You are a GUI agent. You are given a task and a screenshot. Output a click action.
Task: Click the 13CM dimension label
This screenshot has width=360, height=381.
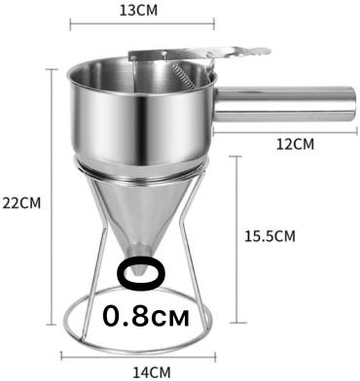tap(138, 11)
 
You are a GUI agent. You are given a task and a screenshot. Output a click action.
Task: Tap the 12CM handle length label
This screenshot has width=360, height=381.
tap(295, 144)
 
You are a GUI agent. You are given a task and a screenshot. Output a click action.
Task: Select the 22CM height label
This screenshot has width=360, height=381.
tap(21, 203)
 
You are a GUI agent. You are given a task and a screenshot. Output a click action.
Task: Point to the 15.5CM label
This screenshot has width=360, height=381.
tap(270, 236)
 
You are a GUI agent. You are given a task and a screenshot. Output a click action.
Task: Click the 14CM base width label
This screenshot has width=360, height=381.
tap(152, 372)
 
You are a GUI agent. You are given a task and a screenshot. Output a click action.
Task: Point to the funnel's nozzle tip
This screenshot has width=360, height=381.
tap(138, 275)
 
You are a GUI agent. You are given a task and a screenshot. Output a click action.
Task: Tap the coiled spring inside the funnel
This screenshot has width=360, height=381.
tap(182, 77)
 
